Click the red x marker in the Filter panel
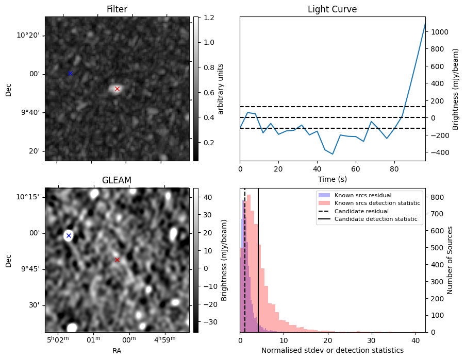117,89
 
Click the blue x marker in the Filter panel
71,73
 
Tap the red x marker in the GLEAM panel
117,260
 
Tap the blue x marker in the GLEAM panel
69,235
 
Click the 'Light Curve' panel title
332,9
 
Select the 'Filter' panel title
117,9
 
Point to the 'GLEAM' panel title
117,180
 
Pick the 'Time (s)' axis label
332,179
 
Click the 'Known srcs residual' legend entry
362,196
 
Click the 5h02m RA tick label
58,338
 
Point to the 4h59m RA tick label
165,338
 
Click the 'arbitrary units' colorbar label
221,89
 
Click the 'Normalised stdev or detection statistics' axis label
332,350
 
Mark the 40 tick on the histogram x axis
415,340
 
